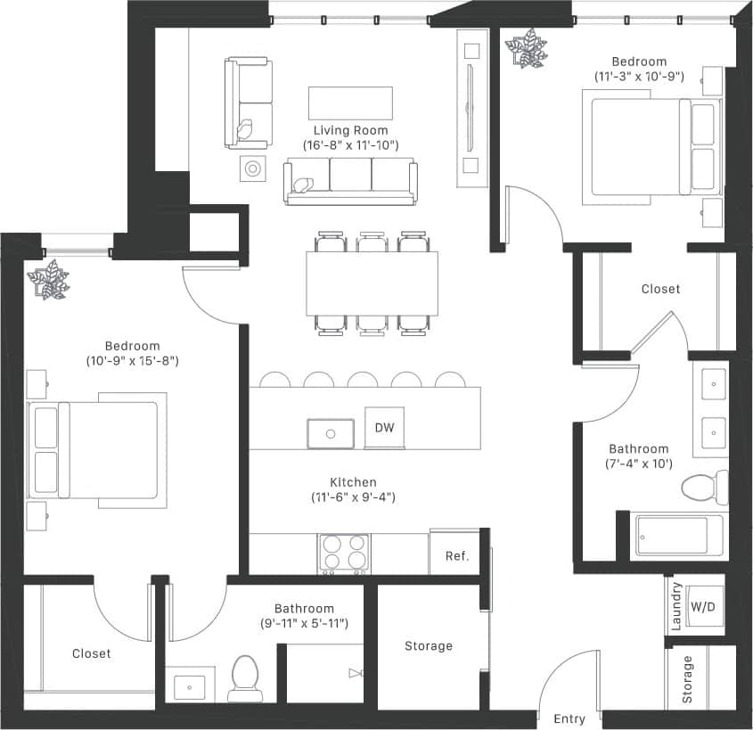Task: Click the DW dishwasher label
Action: (384, 428)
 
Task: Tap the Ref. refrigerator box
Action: (456, 555)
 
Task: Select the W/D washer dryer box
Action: (703, 607)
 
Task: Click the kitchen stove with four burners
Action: (345, 554)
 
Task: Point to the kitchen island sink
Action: (331, 434)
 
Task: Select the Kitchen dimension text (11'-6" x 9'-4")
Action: (354, 497)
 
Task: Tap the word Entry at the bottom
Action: (569, 718)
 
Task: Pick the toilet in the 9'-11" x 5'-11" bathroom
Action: (243, 677)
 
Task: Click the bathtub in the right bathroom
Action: (674, 536)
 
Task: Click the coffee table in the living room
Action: (350, 103)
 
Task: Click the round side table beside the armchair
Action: (254, 168)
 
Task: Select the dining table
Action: (372, 283)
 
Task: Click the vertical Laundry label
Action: (675, 606)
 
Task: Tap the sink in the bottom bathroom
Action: (189, 687)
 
